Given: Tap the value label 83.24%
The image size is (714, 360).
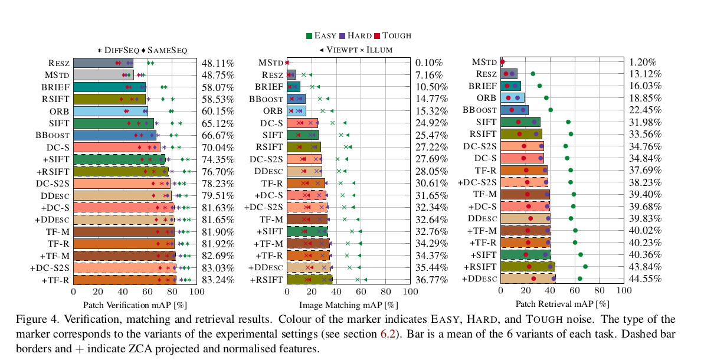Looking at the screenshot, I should [218, 280].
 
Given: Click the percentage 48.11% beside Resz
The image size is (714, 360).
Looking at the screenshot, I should [218, 63].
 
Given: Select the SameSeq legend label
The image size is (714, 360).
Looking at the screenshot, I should [168, 51].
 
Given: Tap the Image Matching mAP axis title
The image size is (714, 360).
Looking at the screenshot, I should [348, 305].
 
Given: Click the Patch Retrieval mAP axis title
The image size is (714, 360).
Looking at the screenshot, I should [562, 305].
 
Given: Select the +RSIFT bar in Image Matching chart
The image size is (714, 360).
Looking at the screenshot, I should [309, 280].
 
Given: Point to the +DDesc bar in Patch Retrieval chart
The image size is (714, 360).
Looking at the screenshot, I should [528, 279].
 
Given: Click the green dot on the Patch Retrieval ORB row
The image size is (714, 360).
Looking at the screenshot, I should [546, 98].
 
